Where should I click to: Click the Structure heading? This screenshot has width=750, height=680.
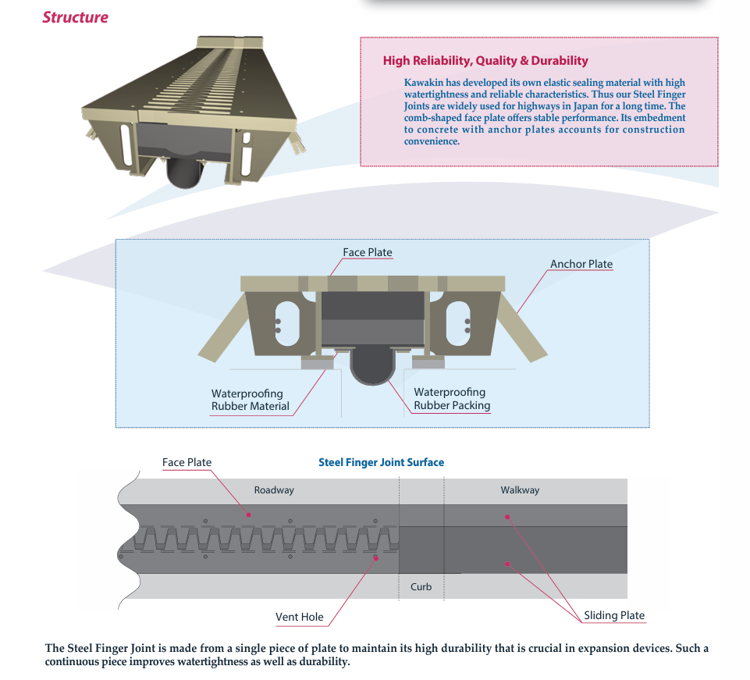pos(75,17)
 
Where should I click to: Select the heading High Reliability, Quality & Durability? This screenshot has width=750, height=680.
pos(485,61)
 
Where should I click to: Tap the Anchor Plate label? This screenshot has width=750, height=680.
pos(581,264)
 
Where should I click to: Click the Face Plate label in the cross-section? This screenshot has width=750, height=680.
pos(367,252)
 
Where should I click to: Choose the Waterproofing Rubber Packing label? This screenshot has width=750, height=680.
pos(452,399)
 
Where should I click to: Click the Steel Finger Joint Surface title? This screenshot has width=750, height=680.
pos(381,462)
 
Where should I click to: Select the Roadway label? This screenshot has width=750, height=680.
pos(274,490)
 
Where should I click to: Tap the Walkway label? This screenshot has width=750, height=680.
pos(520,490)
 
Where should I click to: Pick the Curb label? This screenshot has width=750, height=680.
pos(421,586)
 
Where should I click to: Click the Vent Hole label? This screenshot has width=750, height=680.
pos(299,617)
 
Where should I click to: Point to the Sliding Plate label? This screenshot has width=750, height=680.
pos(614,615)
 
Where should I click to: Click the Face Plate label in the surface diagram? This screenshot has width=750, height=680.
pos(187,462)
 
